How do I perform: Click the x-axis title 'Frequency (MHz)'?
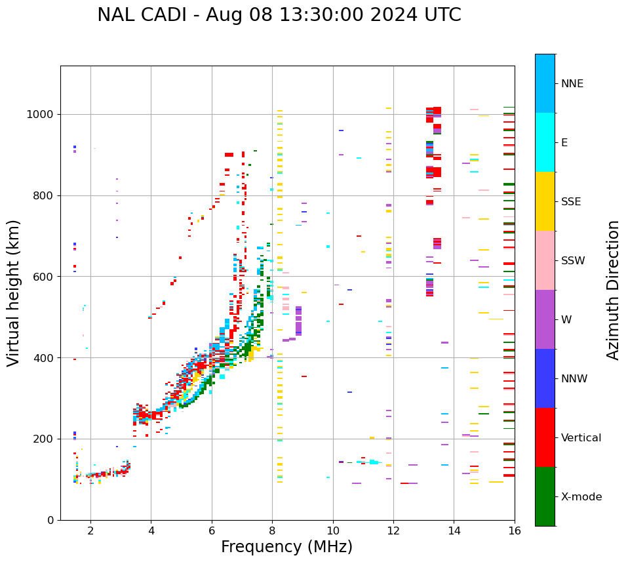286,547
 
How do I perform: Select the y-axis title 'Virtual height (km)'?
14,293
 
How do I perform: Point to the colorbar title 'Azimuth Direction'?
613,290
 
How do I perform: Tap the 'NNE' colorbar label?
572,84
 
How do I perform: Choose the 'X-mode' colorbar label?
581,497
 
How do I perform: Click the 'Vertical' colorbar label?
581,438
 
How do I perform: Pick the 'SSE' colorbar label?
570,202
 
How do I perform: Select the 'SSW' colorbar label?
573,261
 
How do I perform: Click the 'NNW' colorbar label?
574,379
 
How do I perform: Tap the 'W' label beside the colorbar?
566,320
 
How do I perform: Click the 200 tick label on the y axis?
47,439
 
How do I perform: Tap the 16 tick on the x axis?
515,530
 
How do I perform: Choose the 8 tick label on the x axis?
272,530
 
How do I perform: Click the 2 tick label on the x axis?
90,530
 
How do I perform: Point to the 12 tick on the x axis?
393,530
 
